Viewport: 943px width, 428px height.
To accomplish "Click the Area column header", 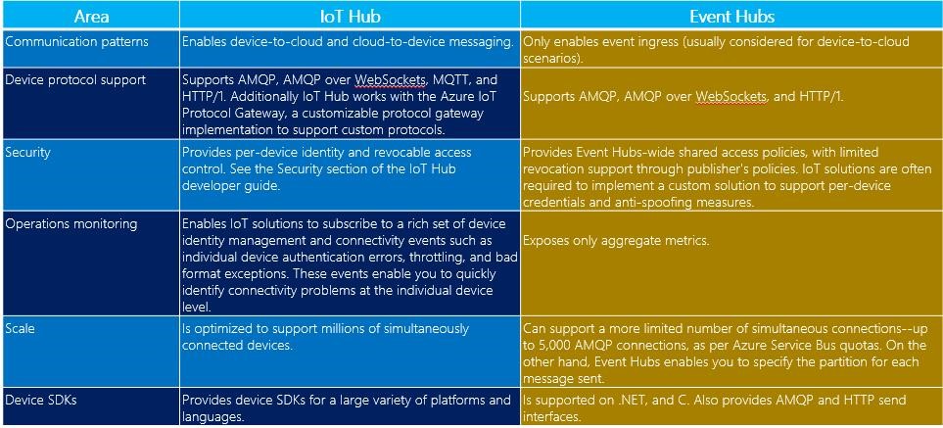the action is [91, 17].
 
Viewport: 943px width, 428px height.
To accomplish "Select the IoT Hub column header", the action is [350, 17].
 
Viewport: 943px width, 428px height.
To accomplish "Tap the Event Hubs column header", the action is [731, 17].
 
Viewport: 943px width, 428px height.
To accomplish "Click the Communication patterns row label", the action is [76, 42].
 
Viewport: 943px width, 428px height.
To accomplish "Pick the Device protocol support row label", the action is [75, 80].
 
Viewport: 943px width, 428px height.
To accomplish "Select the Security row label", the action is [27, 152].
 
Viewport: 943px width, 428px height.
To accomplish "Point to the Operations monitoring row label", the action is [71, 224].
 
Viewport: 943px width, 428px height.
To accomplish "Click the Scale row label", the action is [21, 329].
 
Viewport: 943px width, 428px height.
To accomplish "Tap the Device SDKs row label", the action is [41, 400].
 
